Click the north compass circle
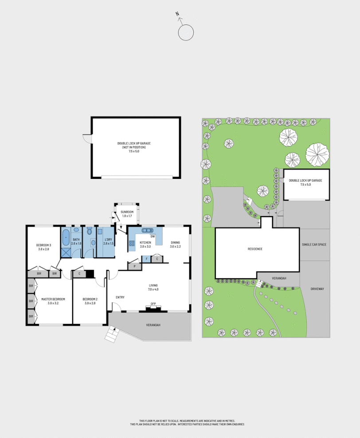[186, 32]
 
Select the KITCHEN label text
[145, 243]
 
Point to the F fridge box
[146, 259]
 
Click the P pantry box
[134, 266]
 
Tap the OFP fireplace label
[153, 304]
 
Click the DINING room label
[176, 243]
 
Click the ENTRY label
[120, 297]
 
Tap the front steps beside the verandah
[112, 334]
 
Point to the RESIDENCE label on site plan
[255, 249]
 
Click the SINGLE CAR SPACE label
[315, 245]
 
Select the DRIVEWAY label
[317, 289]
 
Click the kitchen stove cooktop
[132, 243]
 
